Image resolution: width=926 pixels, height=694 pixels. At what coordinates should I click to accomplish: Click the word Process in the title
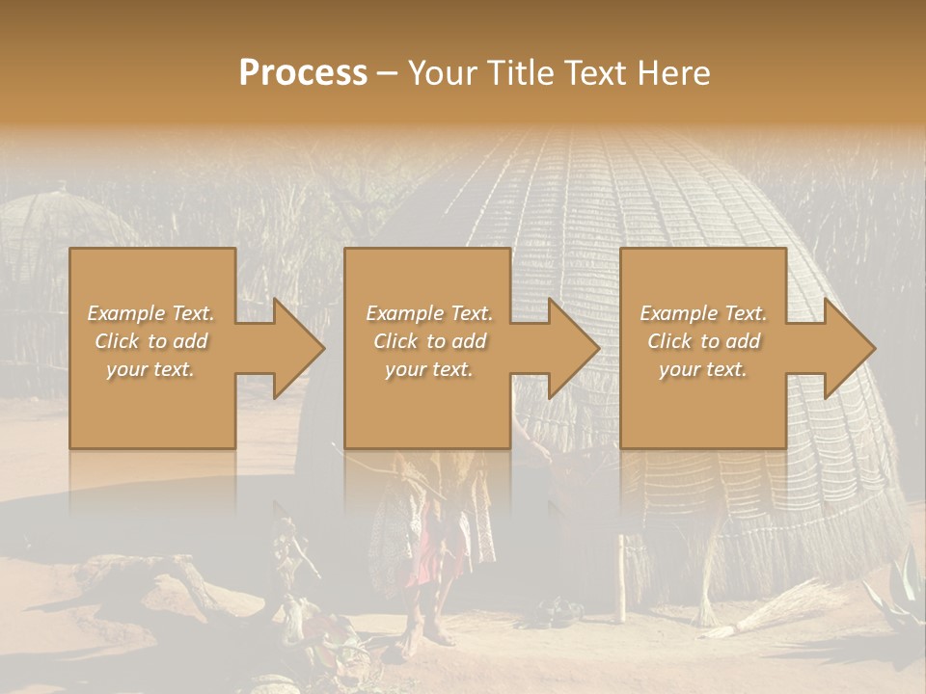[303, 72]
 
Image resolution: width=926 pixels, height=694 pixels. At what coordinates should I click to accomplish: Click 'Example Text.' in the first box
[151, 313]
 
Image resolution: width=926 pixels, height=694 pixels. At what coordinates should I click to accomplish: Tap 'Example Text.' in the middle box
[428, 313]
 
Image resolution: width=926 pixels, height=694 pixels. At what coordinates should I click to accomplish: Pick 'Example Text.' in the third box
[703, 313]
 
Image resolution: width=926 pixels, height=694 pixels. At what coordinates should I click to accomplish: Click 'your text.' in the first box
[151, 369]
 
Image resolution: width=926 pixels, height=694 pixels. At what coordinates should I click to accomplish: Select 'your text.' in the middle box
[428, 369]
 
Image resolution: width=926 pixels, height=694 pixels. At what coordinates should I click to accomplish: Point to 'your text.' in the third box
[703, 369]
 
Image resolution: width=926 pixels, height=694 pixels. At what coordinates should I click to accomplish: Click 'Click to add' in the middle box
[428, 341]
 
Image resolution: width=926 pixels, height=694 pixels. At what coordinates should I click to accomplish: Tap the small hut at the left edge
[58, 241]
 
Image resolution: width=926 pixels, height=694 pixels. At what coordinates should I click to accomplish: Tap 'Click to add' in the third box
[703, 341]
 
